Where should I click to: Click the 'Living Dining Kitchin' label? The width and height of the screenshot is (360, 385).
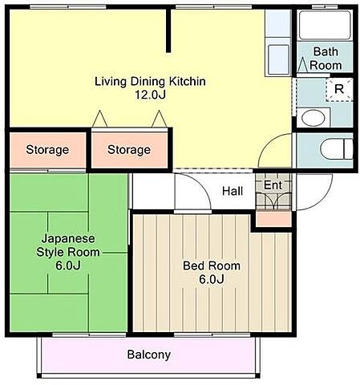coord(150,81)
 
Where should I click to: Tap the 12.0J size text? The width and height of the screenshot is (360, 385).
coord(150,95)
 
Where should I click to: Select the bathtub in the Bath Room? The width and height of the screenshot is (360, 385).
coord(325,26)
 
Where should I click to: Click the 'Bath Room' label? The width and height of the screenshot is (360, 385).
coord(326,59)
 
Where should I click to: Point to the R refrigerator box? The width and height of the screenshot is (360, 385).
coord(339,89)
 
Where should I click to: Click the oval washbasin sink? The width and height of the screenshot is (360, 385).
coord(313,118)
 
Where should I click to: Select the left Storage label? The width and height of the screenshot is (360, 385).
coord(47,149)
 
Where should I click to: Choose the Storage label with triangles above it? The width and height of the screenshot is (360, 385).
coord(129,149)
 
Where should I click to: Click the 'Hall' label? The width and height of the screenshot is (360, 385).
coord(233,191)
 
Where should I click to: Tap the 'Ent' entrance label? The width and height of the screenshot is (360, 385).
coord(273,184)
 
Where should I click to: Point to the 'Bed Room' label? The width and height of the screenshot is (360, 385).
coord(212,265)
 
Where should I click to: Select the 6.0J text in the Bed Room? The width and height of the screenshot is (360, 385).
coord(212,279)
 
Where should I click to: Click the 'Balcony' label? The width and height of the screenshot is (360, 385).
coord(149,355)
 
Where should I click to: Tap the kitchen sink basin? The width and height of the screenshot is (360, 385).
coord(278,59)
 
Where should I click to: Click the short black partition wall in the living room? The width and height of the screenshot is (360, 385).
coord(168,30)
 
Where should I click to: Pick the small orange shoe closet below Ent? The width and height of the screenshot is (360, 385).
coord(273,219)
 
